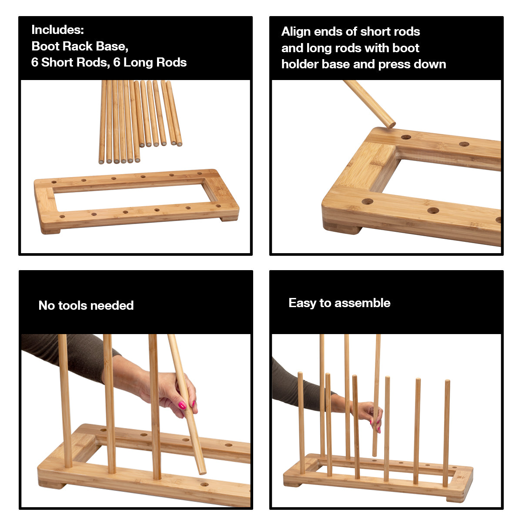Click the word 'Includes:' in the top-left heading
[57, 30]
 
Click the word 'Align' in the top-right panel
[296, 31]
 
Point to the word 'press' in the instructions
[394, 64]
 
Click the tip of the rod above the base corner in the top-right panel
[391, 124]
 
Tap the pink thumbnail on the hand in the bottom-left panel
[182, 405]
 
